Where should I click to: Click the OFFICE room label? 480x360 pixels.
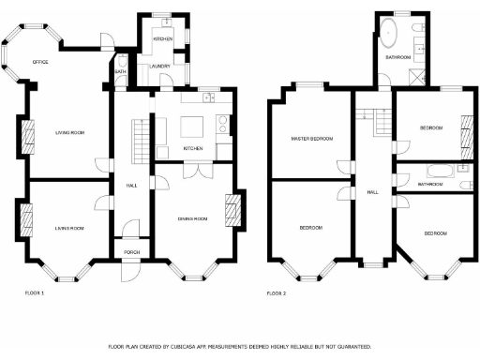pos(39,62)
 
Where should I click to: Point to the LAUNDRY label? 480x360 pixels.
pos(158,66)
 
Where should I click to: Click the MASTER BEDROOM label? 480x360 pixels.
pos(310,139)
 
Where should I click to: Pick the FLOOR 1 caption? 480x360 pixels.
pos(35,293)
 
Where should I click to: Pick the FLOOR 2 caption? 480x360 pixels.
pos(277,293)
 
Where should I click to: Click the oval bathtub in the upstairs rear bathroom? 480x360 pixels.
pos(389,37)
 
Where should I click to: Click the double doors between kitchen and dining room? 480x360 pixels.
pos(194,170)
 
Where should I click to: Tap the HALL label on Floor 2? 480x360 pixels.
pos(372,191)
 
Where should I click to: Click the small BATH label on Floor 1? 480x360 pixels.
pos(120,72)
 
